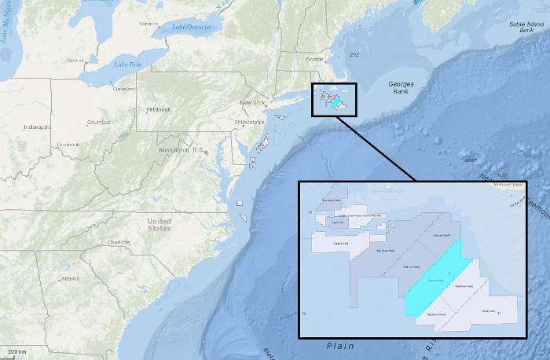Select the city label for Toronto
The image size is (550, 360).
pyautogui.click(x=149, y=24)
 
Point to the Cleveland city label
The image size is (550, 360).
pyautogui.click(x=124, y=90)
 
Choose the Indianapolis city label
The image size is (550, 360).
pyautogui.click(x=37, y=127)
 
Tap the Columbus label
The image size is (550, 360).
pyautogui.click(x=98, y=123)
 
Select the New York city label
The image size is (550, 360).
pyautogui.click(x=253, y=103)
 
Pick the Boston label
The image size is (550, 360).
pyautogui.click(x=314, y=60)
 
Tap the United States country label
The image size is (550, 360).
pyautogui.click(x=159, y=224)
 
